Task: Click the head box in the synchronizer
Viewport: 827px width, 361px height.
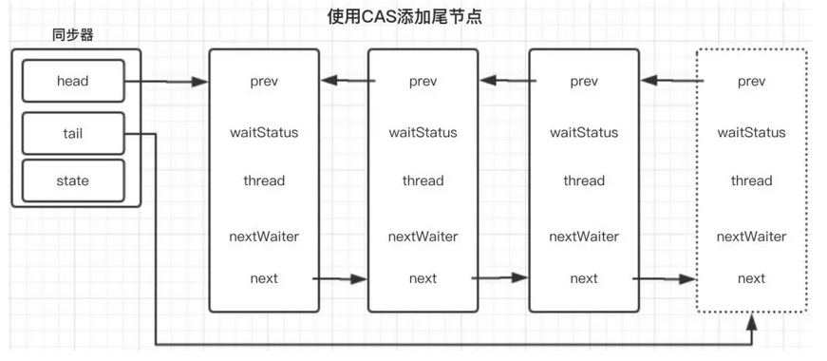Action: [73, 81]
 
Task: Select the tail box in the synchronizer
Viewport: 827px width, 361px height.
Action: [73, 134]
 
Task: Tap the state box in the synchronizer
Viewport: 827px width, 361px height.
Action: [73, 181]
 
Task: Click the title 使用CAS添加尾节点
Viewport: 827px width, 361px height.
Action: [404, 17]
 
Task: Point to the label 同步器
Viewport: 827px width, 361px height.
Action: [73, 36]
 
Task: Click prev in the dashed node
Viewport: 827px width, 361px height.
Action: [751, 82]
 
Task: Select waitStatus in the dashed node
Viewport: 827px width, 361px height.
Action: [751, 132]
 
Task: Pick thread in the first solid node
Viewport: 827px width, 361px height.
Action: [264, 180]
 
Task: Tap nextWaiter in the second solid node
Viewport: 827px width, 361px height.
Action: [423, 237]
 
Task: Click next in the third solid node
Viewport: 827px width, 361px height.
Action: [584, 278]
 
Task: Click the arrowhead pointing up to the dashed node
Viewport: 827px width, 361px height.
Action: [752, 323]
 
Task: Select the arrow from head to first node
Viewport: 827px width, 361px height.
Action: [166, 82]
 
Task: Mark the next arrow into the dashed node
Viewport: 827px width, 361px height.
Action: [665, 278]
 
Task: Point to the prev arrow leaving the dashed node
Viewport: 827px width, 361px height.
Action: [672, 81]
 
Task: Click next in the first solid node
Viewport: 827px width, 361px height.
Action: [264, 278]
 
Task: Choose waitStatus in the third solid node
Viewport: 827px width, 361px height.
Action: [584, 132]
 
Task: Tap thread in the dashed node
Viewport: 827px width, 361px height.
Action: [751, 180]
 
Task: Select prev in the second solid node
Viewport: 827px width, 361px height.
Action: [423, 82]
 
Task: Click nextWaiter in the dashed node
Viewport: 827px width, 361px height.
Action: [751, 237]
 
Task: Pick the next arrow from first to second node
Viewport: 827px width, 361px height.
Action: [340, 278]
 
